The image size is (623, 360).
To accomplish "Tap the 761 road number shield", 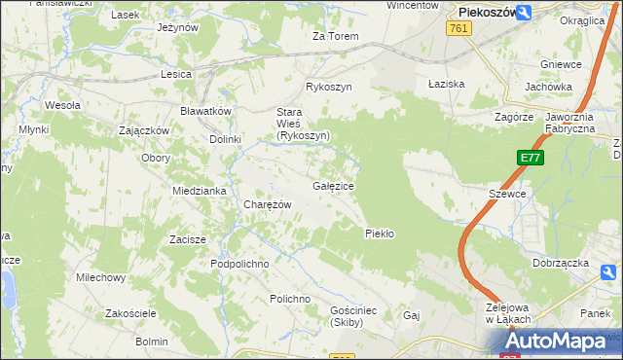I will click(x=460, y=30).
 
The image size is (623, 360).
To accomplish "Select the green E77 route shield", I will click(x=530, y=158).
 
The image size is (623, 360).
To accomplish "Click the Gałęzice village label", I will click(x=333, y=186).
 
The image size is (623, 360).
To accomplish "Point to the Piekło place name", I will click(x=379, y=234).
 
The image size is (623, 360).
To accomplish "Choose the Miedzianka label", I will click(x=200, y=191).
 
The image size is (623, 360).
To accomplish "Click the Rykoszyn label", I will click(x=328, y=87).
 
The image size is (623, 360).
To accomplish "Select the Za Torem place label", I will click(x=335, y=37).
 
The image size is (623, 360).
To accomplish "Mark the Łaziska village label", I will click(x=447, y=84).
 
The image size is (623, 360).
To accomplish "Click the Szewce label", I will click(x=507, y=194).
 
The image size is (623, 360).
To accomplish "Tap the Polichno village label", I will click(x=290, y=299).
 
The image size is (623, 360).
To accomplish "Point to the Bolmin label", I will click(x=152, y=342).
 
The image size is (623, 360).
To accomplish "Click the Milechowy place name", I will click(x=101, y=277).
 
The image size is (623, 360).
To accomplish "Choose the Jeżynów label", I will click(x=176, y=28).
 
